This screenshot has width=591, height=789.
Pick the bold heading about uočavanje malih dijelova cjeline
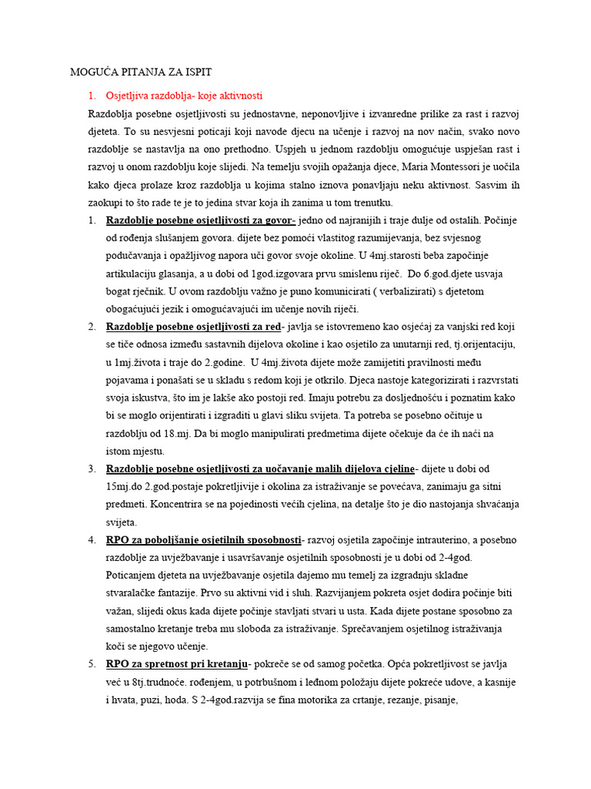(x=260, y=468)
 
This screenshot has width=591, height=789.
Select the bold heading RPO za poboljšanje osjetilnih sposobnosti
(x=204, y=540)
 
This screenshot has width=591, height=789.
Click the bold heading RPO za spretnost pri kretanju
(x=177, y=664)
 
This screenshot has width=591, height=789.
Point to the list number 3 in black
(x=91, y=468)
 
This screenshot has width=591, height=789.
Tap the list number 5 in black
(x=91, y=664)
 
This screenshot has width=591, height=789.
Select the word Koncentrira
(x=178, y=504)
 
